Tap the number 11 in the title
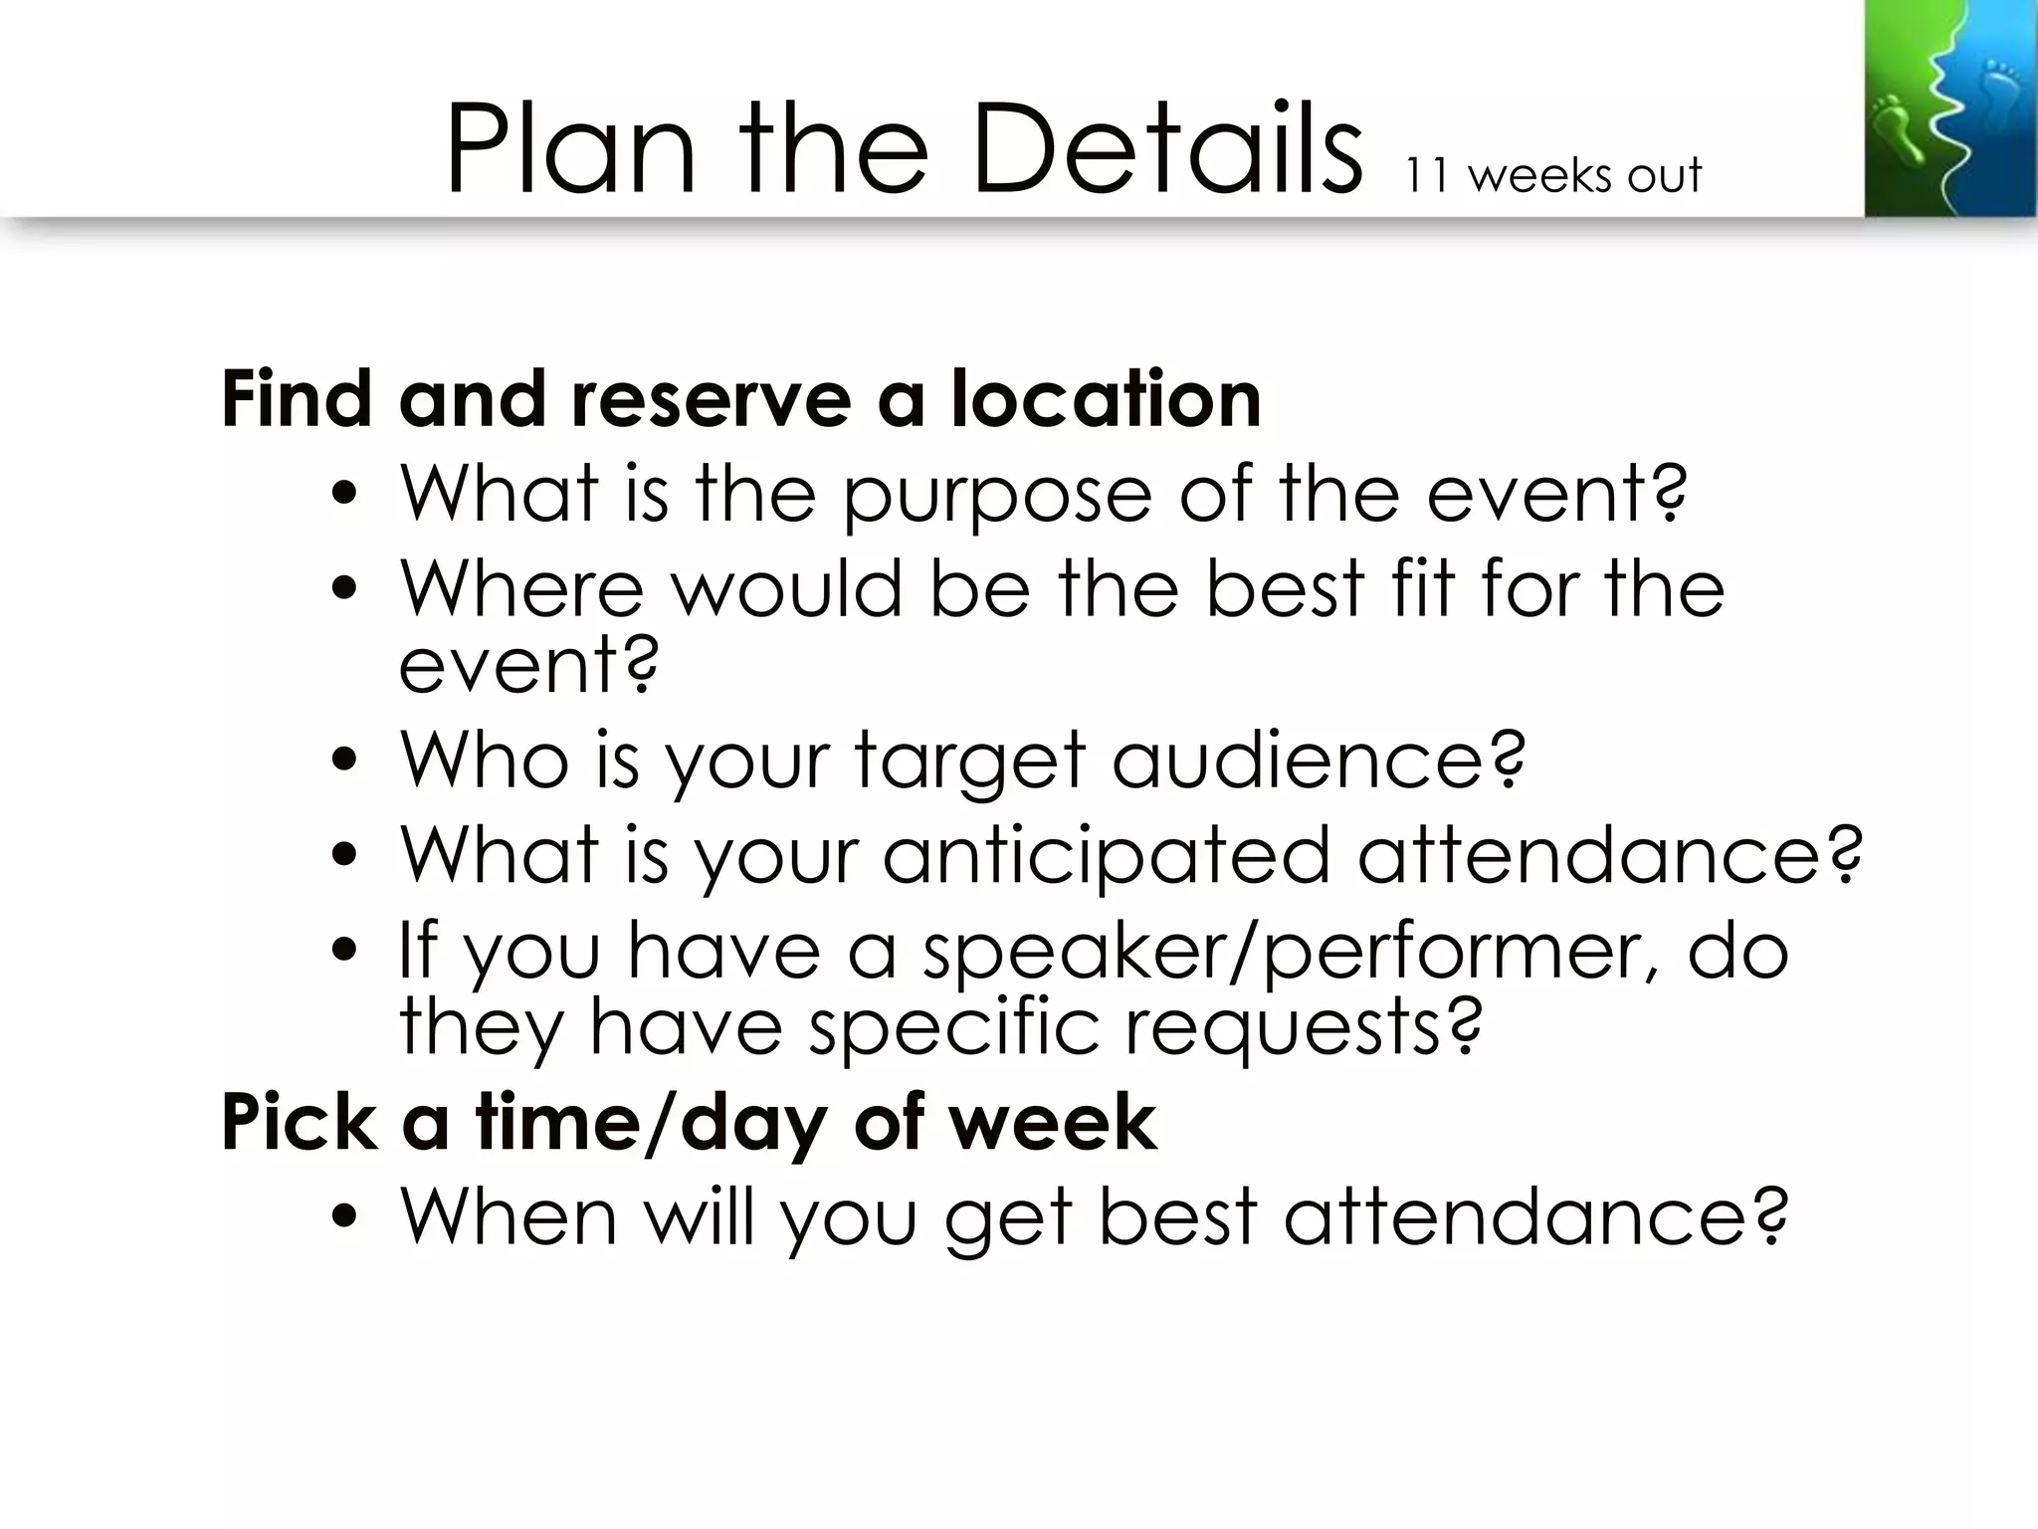1427,175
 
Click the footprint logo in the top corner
1948,109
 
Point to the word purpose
996,495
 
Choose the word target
968,762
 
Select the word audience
1318,760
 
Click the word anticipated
1106,854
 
